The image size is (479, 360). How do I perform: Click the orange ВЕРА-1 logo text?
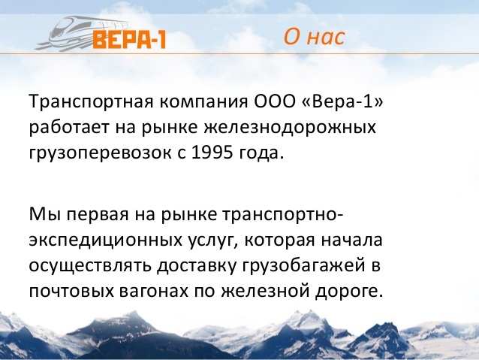129,39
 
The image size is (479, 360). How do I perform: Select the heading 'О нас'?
314,37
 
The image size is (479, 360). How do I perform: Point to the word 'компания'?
204,102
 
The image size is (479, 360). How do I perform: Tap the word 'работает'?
69,129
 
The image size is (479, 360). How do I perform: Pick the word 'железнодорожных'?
290,129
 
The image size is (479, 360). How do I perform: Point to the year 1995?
212,153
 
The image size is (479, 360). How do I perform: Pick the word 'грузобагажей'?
303,266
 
